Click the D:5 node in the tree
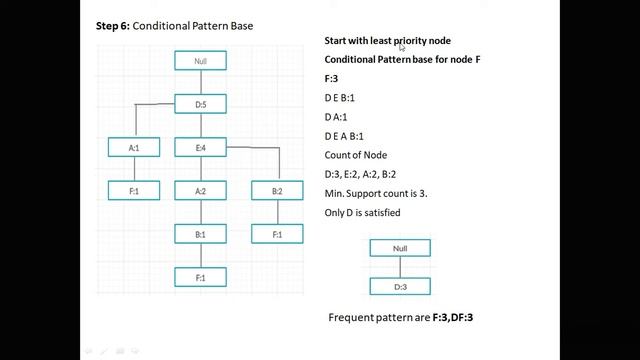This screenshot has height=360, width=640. point(201,103)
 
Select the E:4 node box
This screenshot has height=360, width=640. point(201,148)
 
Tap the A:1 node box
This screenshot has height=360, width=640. point(134,148)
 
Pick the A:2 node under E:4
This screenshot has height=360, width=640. point(201,190)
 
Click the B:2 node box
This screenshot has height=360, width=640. point(276,190)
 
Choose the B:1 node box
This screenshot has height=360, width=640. point(201,234)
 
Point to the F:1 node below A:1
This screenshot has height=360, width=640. point(134,190)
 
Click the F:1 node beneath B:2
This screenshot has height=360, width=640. point(276,234)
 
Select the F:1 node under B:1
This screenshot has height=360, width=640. point(201,277)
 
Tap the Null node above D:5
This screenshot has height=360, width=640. point(201,61)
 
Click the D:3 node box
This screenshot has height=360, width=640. point(400,286)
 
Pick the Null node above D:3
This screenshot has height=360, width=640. point(400,248)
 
